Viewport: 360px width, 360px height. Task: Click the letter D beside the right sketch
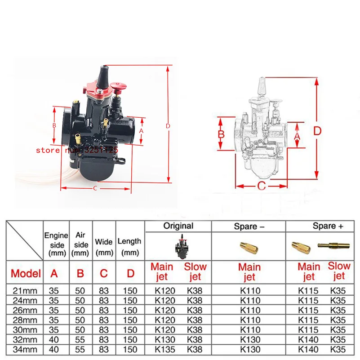[317, 131]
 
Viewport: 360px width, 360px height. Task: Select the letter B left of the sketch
[221, 134]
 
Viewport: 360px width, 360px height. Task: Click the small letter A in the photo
[141, 130]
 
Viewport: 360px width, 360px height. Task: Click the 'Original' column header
[178, 226]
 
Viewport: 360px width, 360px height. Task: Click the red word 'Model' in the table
[26, 273]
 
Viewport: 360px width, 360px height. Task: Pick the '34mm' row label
[25, 349]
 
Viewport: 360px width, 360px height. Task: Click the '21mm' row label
[25, 290]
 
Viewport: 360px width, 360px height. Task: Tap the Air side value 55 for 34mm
[81, 349]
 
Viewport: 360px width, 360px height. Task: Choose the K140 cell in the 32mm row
[308, 339]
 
